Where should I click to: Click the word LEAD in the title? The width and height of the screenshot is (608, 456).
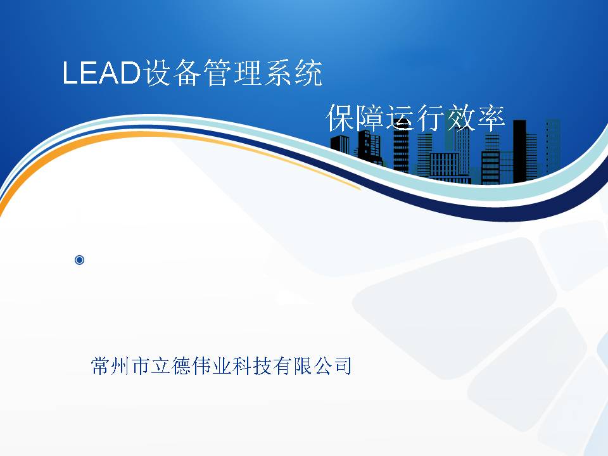[x=101, y=72]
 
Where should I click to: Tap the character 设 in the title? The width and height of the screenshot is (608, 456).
[x=157, y=72]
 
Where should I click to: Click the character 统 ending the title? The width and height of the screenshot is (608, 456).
[x=308, y=72]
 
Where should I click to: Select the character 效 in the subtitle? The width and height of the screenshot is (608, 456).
[x=461, y=118]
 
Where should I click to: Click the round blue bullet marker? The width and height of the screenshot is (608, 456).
[x=79, y=260]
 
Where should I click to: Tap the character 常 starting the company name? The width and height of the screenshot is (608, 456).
[x=101, y=366]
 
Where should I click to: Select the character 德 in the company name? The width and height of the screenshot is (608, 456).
[x=181, y=366]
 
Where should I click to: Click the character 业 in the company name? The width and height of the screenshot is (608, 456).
[x=222, y=366]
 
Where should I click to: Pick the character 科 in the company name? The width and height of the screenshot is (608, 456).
[x=241, y=366]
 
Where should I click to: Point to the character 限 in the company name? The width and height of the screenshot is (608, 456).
[x=302, y=366]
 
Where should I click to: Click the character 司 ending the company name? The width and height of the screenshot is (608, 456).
[x=343, y=366]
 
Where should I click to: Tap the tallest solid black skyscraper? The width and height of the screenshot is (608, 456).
[x=519, y=151]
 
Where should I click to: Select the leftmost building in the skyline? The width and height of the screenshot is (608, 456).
[x=340, y=144]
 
